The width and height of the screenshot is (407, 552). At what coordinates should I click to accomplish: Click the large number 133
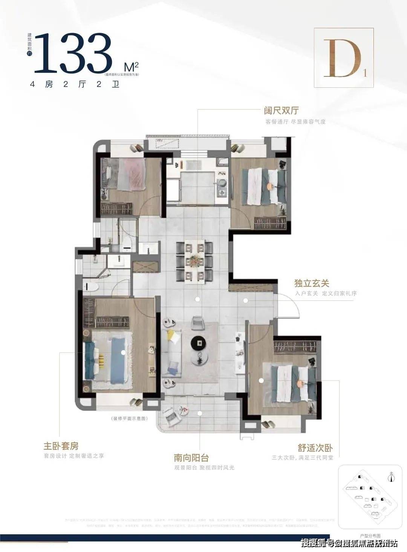[x=73, y=53]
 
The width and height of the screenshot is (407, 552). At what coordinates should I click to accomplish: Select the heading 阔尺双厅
[x=281, y=111]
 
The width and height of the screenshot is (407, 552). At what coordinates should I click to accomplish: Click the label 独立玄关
[x=312, y=283]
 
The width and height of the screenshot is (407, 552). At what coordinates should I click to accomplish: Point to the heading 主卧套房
[x=61, y=446]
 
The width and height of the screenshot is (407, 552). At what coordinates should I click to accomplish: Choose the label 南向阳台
[x=191, y=458]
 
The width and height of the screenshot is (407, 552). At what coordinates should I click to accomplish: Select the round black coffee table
[x=199, y=343]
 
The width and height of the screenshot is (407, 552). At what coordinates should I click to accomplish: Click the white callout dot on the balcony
[x=200, y=413]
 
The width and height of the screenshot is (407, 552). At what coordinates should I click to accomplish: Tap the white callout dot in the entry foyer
[x=245, y=300]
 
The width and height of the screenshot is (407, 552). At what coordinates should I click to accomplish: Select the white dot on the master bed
[x=123, y=352]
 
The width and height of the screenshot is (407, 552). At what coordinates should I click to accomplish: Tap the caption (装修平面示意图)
[x=128, y=419]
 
